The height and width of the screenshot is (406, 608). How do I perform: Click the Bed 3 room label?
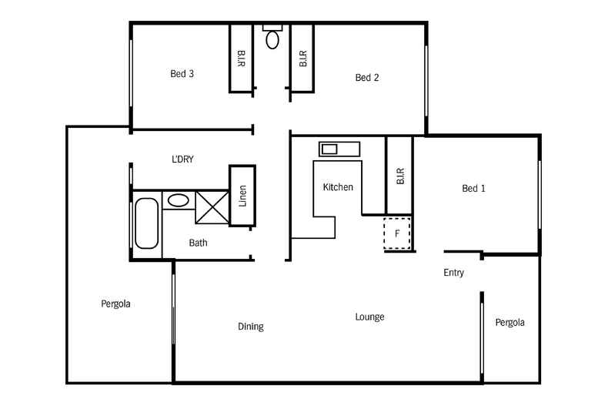click(x=182, y=75)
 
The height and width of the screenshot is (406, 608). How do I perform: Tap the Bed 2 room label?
click(x=367, y=77)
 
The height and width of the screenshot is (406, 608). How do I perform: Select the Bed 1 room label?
click(x=474, y=188)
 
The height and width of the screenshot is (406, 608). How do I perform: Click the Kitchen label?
click(x=338, y=187)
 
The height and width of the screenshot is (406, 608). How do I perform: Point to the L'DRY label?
click(x=182, y=159)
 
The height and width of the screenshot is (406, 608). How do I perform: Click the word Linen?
click(x=242, y=196)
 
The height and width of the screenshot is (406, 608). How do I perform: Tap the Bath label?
click(x=198, y=243)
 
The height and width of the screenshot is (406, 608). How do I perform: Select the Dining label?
click(x=250, y=327)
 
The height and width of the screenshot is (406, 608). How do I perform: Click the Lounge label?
click(x=369, y=317)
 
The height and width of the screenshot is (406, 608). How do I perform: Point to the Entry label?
click(x=453, y=273)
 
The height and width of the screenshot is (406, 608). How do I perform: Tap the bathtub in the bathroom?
click(x=146, y=223)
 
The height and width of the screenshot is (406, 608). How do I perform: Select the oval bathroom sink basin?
click(x=178, y=200)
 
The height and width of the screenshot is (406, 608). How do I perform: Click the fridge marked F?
click(x=398, y=233)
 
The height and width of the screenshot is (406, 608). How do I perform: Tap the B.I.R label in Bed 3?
click(x=241, y=59)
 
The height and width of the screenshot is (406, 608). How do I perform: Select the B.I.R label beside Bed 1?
click(x=400, y=176)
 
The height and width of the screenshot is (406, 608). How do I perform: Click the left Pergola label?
click(x=115, y=304)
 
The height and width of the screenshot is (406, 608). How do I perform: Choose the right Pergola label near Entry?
click(x=509, y=323)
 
